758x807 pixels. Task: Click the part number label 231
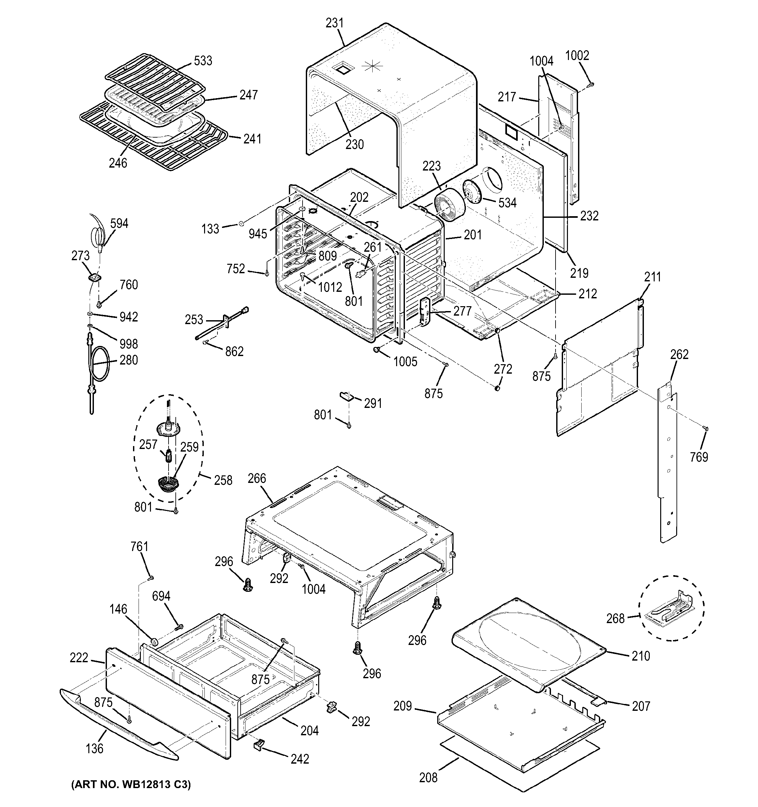pos(334,23)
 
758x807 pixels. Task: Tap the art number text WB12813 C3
pos(131,784)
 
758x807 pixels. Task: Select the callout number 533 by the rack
pos(203,61)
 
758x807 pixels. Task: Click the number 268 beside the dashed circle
pos(615,619)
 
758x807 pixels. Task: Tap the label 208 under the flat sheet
pos(428,778)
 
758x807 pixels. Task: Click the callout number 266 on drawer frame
pos(257,479)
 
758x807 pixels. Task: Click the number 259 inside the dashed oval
pos(189,447)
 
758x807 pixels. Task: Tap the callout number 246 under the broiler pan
pos(118,163)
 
